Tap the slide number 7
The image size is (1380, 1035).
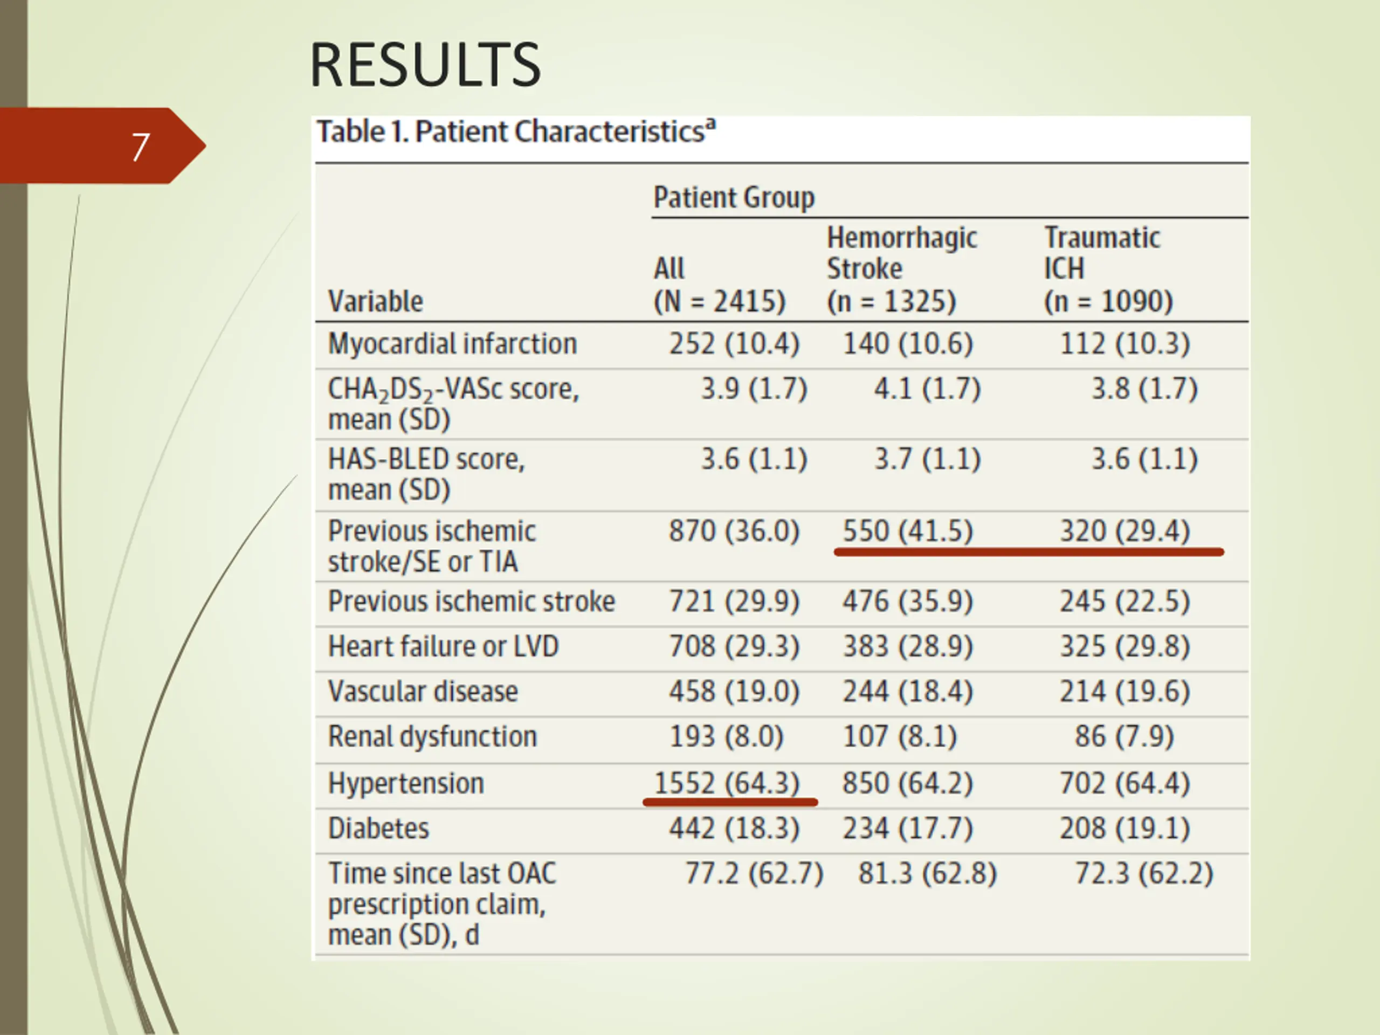[x=140, y=147]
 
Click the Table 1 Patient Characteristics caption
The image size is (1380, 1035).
[x=516, y=132]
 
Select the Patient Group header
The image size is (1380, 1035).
[x=734, y=198]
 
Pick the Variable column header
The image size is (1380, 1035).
[x=376, y=302]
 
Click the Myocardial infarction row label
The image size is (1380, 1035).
[x=452, y=344]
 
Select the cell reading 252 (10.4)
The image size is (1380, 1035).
[x=734, y=344]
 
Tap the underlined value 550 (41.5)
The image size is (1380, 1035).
[x=908, y=531]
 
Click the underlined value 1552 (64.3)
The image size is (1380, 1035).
[x=727, y=783]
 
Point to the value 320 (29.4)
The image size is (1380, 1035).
[x=1125, y=531]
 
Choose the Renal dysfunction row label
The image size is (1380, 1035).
[x=432, y=737]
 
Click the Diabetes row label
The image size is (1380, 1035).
[x=378, y=829]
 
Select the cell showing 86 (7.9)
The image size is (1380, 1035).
[x=1124, y=737]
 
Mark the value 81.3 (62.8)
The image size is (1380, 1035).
[x=927, y=873]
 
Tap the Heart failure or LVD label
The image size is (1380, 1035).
[x=443, y=646]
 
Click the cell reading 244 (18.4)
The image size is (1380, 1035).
[x=908, y=691]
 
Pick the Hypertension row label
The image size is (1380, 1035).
[x=406, y=783]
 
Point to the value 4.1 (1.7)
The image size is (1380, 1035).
[x=927, y=389]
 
